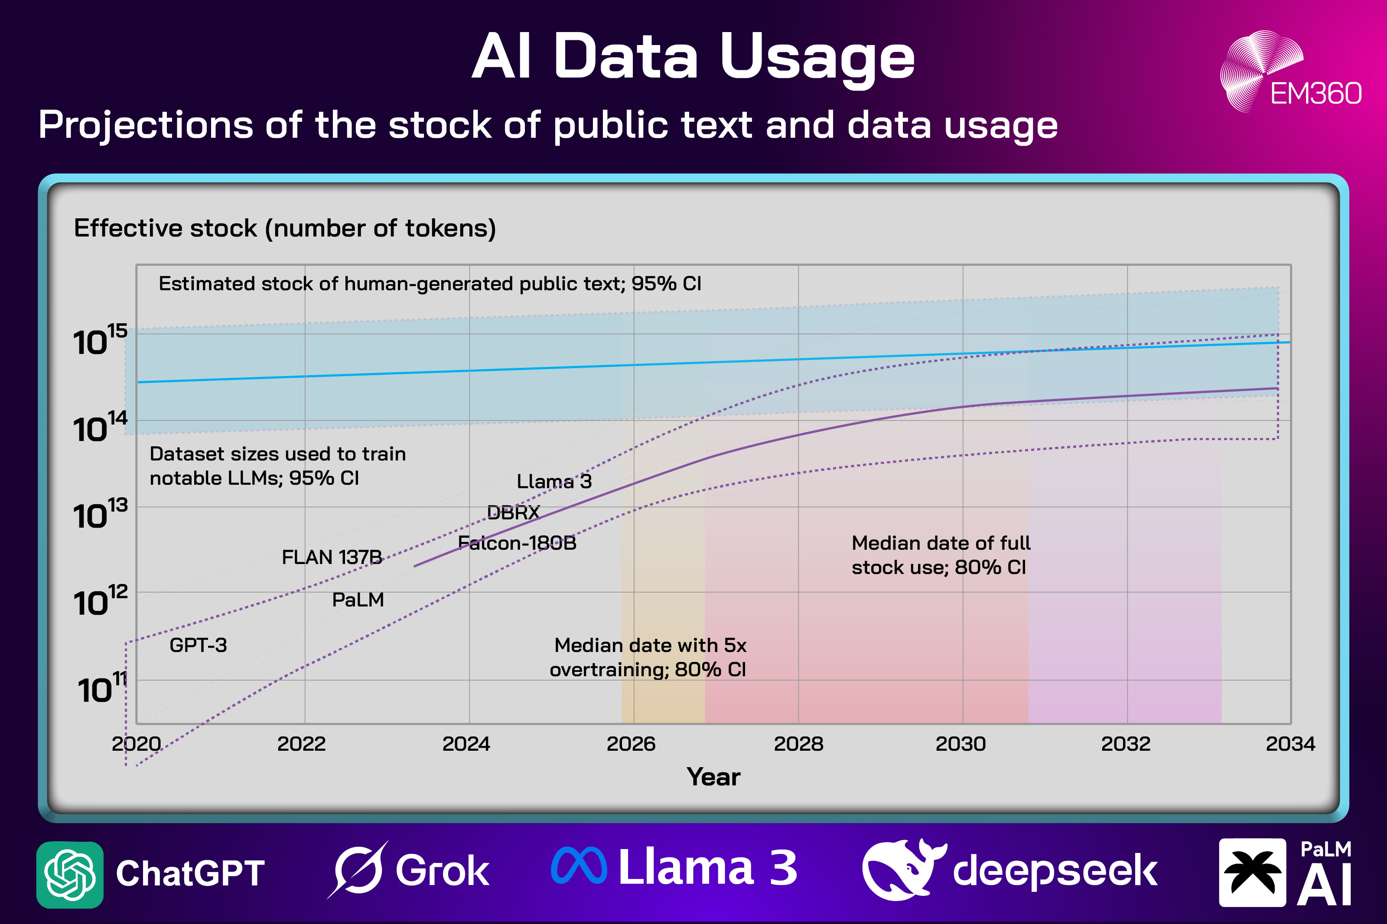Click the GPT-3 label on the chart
point(198,645)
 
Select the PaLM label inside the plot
point(358,600)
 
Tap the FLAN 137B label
point(332,557)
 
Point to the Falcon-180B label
point(517,543)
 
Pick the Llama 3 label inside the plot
point(554,481)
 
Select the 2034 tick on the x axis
point(1290,744)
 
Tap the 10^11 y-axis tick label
point(102,688)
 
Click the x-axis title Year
point(713,777)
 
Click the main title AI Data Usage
point(693,57)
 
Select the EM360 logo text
point(1315,94)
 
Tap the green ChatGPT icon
point(69,875)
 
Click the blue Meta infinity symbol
point(579,866)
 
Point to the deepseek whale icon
point(902,870)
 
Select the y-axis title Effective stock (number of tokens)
point(285,228)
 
